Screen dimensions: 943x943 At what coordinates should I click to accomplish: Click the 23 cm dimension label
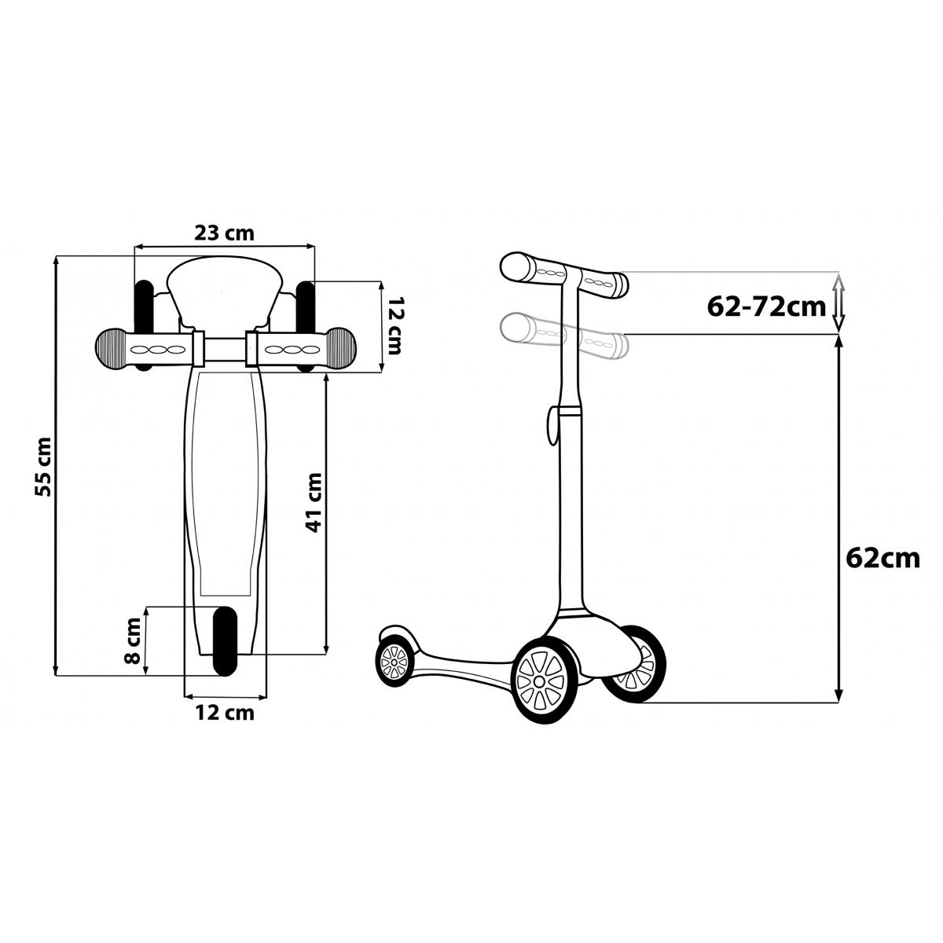click(224, 234)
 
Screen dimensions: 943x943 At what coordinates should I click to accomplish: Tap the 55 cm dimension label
click(43, 467)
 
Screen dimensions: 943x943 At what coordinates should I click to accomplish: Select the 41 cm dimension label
click(314, 502)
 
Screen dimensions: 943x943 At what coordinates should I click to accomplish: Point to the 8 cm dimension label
click(133, 640)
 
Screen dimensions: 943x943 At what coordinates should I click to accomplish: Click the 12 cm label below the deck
click(225, 713)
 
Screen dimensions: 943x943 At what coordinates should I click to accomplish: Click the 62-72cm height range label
click(766, 307)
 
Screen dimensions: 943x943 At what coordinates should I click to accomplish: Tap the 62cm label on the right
click(883, 559)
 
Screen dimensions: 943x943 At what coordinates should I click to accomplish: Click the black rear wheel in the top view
click(225, 641)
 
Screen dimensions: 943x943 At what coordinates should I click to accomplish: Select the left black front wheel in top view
click(144, 325)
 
